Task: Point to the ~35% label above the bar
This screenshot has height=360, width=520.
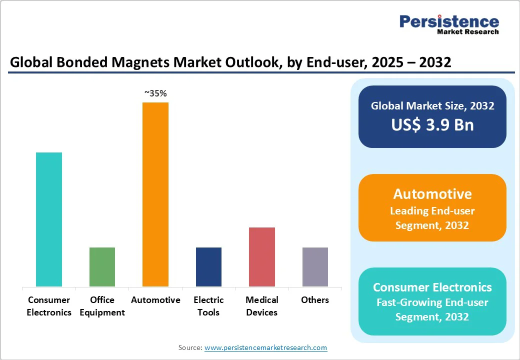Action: click(x=155, y=93)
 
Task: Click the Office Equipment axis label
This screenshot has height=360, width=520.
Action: click(x=102, y=306)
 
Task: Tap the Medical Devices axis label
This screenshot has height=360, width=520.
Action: click(x=262, y=306)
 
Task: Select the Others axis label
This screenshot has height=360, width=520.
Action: click(x=315, y=300)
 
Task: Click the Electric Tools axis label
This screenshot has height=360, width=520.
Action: click(x=208, y=306)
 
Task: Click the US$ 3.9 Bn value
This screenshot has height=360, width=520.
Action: click(x=432, y=124)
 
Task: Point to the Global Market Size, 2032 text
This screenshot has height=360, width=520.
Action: click(x=432, y=106)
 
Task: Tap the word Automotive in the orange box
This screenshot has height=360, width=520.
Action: click(x=432, y=194)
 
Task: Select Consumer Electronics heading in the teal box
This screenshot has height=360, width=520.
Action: click(x=432, y=287)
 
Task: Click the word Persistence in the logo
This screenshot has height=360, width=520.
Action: click(x=449, y=21)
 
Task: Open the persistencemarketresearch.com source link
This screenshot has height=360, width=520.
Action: click(x=265, y=347)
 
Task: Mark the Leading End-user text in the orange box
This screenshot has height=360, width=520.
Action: click(x=432, y=211)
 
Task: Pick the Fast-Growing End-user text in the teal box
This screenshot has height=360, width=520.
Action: click(x=432, y=302)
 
